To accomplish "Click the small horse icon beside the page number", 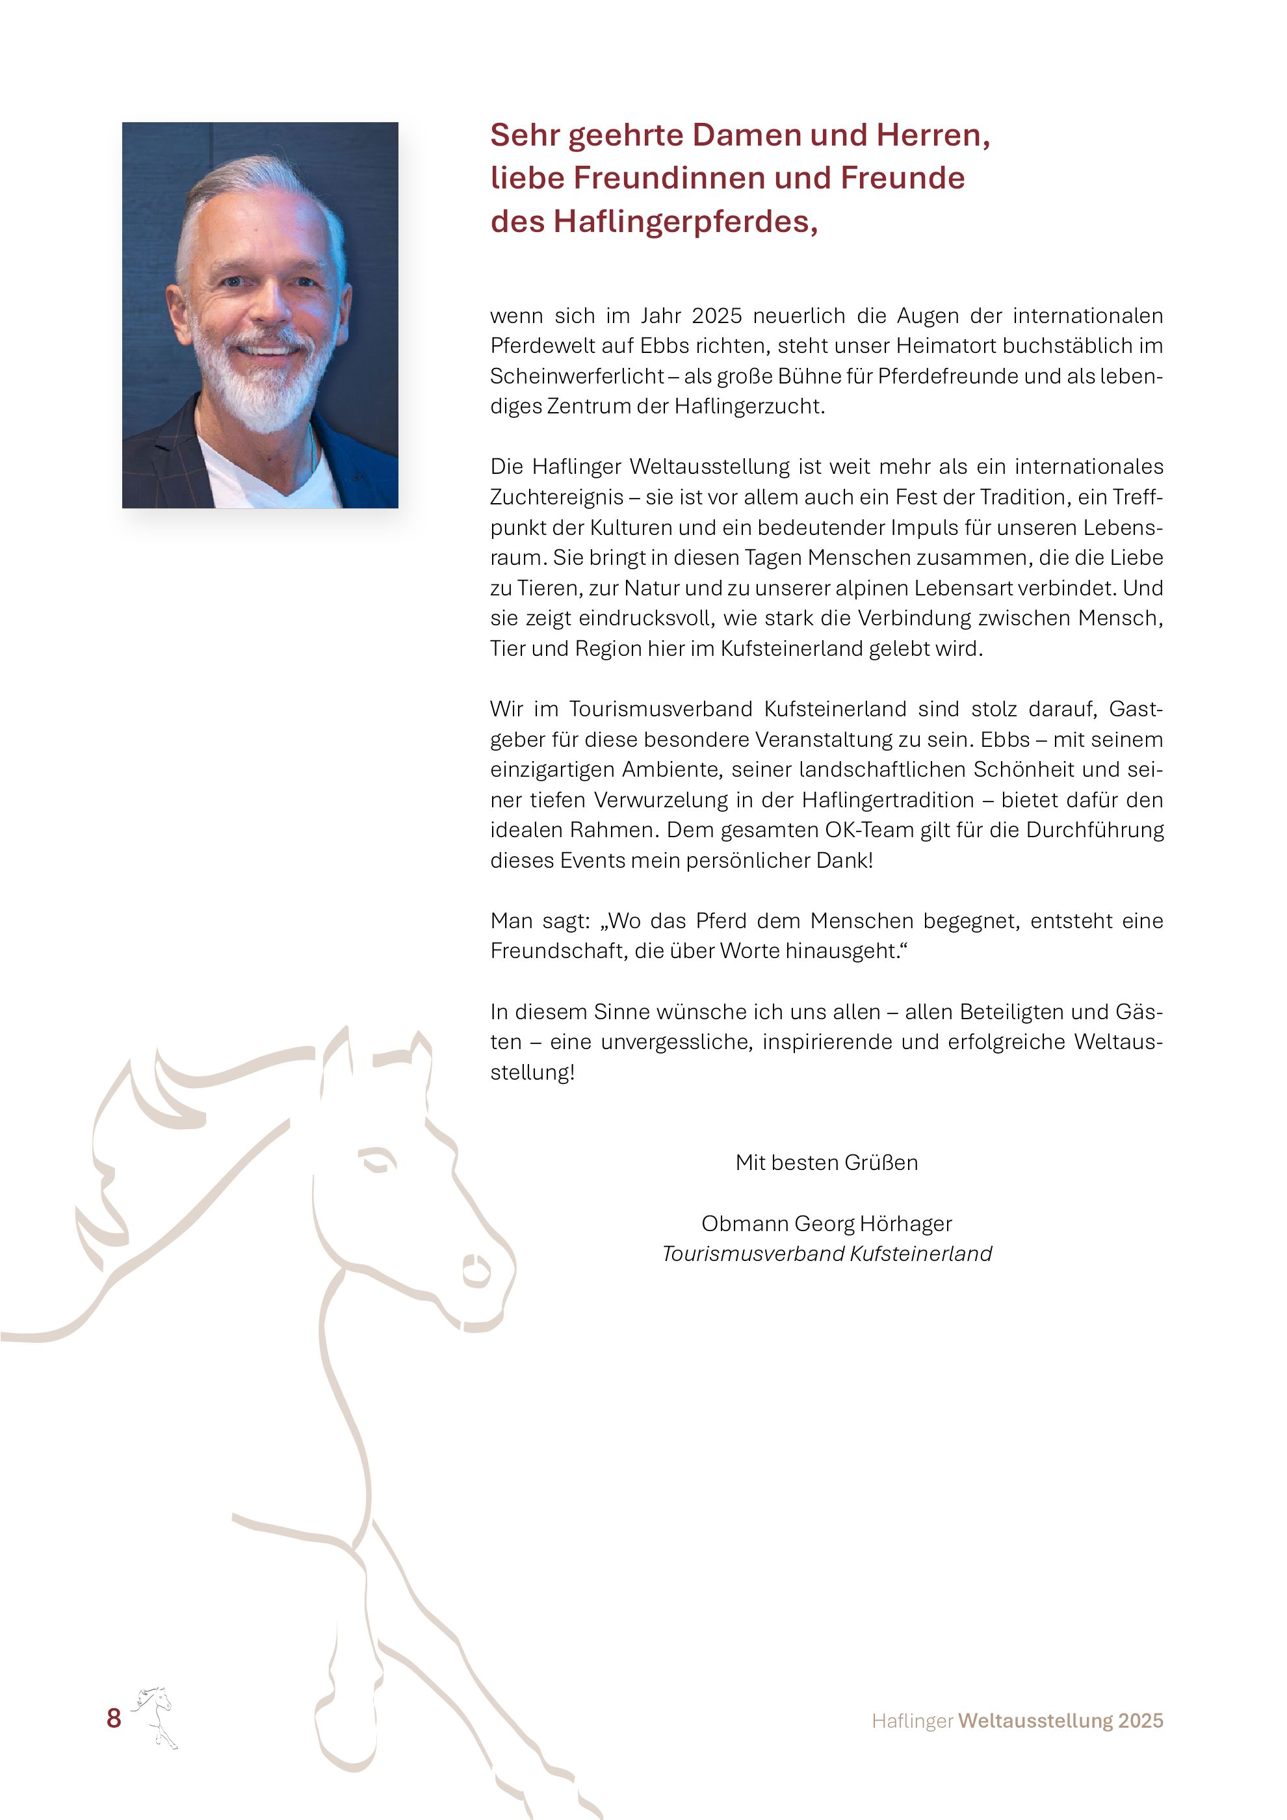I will (155, 1715).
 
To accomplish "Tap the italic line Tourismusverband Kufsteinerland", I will (827, 1253).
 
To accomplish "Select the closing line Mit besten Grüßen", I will (827, 1162).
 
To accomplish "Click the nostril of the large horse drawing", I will (476, 1270).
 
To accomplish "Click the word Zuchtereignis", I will (556, 497).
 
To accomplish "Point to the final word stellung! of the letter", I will (532, 1072).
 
